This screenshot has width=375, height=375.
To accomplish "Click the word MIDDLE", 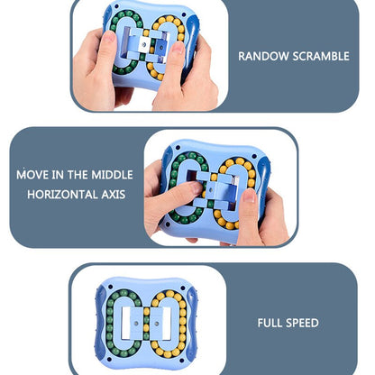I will pyautogui.click(x=114, y=173).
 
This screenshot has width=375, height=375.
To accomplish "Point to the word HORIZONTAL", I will pyautogui.click(x=62, y=194).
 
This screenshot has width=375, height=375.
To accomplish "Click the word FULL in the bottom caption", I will pyautogui.click(x=271, y=323).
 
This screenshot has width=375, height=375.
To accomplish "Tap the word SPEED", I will pyautogui.click(x=303, y=323).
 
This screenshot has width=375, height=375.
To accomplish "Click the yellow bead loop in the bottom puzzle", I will pyautogui.click(x=171, y=323).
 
